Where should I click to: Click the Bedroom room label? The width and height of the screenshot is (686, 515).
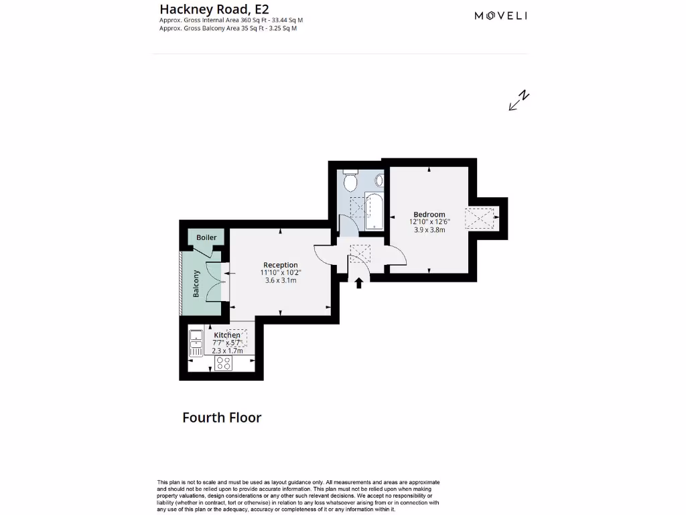tap(429, 215)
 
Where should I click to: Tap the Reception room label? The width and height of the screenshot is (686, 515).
tap(280, 265)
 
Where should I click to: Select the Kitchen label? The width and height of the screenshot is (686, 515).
tap(227, 335)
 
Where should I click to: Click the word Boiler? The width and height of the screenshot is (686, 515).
tap(206, 238)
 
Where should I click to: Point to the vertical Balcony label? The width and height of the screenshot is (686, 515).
tap(196, 284)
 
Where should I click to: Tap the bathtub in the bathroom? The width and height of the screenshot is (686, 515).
tap(373, 209)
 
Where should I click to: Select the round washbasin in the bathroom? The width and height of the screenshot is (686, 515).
tap(379, 180)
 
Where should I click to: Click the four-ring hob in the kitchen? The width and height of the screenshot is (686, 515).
tap(224, 363)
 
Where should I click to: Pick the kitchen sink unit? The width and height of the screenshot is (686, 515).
tap(196, 343)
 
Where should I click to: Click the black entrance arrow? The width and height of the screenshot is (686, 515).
tap(359, 283)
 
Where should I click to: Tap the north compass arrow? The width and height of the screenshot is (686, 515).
tap(519, 100)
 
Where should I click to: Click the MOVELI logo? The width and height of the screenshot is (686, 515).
tap(501, 16)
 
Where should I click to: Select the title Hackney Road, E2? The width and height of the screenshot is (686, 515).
tap(205, 9)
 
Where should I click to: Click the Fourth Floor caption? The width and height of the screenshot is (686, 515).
tap(222, 418)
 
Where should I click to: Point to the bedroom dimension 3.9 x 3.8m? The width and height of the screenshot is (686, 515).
tap(429, 230)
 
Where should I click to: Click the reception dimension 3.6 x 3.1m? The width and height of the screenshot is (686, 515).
tap(280, 280)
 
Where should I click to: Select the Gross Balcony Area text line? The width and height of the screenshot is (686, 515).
tap(228, 29)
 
